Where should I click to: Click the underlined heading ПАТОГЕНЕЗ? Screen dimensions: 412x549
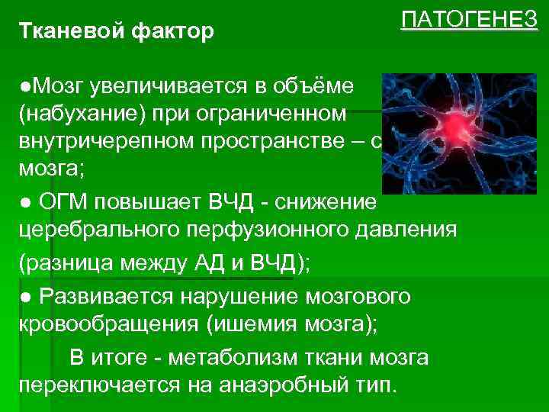click(x=469, y=21)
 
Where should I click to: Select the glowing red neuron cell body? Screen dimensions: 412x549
click(x=457, y=122)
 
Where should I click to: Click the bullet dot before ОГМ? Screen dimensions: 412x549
click(x=25, y=201)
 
